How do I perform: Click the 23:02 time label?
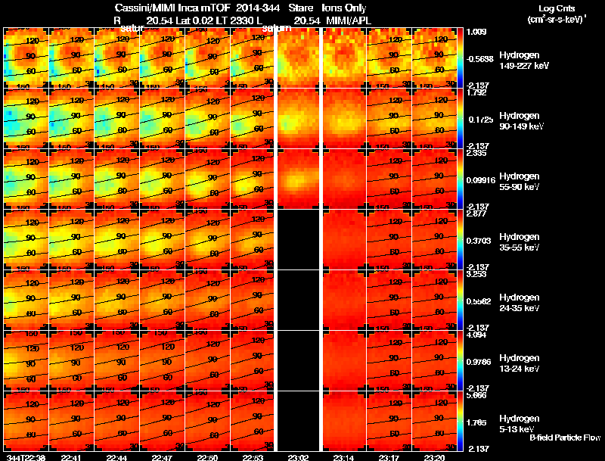point(299,457)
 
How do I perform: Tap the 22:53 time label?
point(253,457)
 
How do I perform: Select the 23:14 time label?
point(345,457)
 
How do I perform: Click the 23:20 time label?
point(436,457)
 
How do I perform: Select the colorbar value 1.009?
point(477,33)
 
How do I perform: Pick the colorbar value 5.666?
point(477,395)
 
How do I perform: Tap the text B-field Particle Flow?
point(564,438)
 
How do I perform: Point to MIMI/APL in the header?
point(347,20)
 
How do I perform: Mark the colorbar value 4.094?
point(477,335)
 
